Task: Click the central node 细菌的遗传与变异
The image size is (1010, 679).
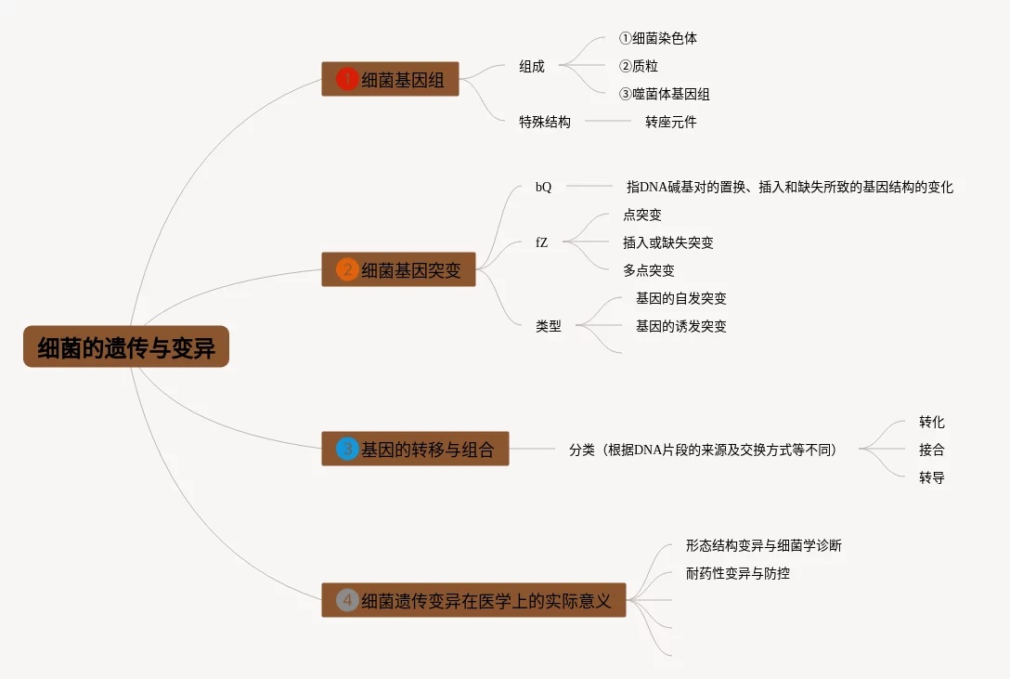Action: pyautogui.click(x=126, y=347)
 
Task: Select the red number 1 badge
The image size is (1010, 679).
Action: pyautogui.click(x=347, y=79)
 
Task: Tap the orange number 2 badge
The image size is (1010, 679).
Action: pyautogui.click(x=347, y=270)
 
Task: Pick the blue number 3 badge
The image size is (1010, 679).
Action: pyautogui.click(x=347, y=450)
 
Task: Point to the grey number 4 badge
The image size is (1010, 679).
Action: pyautogui.click(x=347, y=600)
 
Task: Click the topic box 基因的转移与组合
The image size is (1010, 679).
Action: pyautogui.click(x=415, y=450)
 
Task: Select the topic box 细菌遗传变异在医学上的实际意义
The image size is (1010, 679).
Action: pyautogui.click(x=473, y=600)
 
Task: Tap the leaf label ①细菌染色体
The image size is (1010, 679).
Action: pyautogui.click(x=657, y=38)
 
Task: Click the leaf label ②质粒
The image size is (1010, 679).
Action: pyautogui.click(x=638, y=66)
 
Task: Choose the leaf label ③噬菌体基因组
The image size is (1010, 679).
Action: pyautogui.click(x=664, y=94)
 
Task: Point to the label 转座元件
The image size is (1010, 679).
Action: pyautogui.click(x=670, y=122)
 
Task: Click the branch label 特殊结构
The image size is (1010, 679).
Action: pyautogui.click(x=545, y=122)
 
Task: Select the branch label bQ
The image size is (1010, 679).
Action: pyautogui.click(x=543, y=187)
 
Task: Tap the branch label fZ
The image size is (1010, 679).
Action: pyautogui.click(x=541, y=242)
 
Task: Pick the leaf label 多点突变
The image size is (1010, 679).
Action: pyautogui.click(x=649, y=270)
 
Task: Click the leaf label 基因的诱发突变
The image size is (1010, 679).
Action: pyautogui.click(x=680, y=326)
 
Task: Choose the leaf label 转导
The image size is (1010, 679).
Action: pyautogui.click(x=931, y=477)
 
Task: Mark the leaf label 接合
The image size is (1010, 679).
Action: pyautogui.click(x=931, y=450)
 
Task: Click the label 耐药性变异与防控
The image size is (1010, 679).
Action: pyautogui.click(x=737, y=573)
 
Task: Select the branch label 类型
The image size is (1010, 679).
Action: pyautogui.click(x=548, y=326)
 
